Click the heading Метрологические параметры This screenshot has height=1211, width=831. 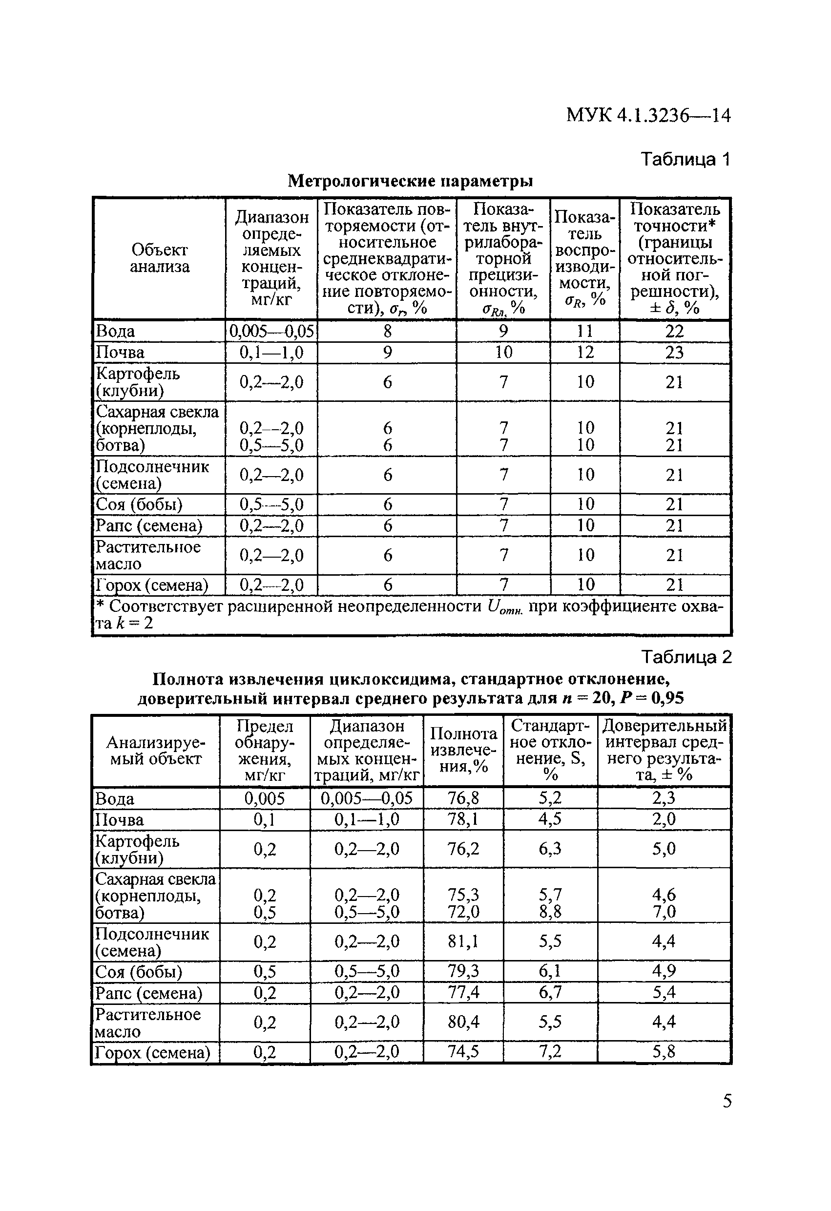click(x=411, y=181)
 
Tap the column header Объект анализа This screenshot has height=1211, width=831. click(x=160, y=258)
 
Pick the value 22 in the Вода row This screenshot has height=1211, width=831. click(x=674, y=332)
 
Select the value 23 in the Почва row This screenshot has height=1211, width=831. click(x=674, y=353)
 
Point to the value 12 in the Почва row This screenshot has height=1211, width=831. click(x=585, y=353)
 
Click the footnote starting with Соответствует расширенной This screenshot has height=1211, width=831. click(x=412, y=615)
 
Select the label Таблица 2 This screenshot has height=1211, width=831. click(x=686, y=657)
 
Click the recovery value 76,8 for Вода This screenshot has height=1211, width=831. click(x=463, y=798)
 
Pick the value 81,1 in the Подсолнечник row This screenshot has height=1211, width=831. click(x=463, y=941)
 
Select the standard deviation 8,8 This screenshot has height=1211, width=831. click(x=550, y=911)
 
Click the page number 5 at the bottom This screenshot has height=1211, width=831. click(x=727, y=1101)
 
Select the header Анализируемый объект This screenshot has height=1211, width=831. click(x=156, y=751)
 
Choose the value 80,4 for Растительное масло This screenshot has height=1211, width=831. click(x=463, y=1022)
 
